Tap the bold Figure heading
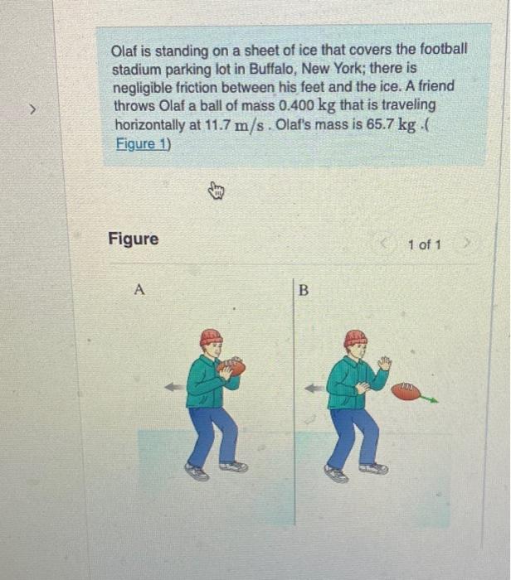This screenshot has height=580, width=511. [133, 239]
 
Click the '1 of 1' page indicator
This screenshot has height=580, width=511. [425, 244]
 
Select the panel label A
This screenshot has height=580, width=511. [139, 290]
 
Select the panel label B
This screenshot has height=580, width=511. [303, 291]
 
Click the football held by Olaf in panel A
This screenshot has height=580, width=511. [233, 366]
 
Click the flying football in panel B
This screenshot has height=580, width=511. [406, 391]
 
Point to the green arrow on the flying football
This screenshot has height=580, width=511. [429, 399]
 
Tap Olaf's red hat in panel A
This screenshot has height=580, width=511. [211, 336]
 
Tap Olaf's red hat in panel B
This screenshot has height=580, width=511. [355, 337]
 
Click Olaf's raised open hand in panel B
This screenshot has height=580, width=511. [383, 363]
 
